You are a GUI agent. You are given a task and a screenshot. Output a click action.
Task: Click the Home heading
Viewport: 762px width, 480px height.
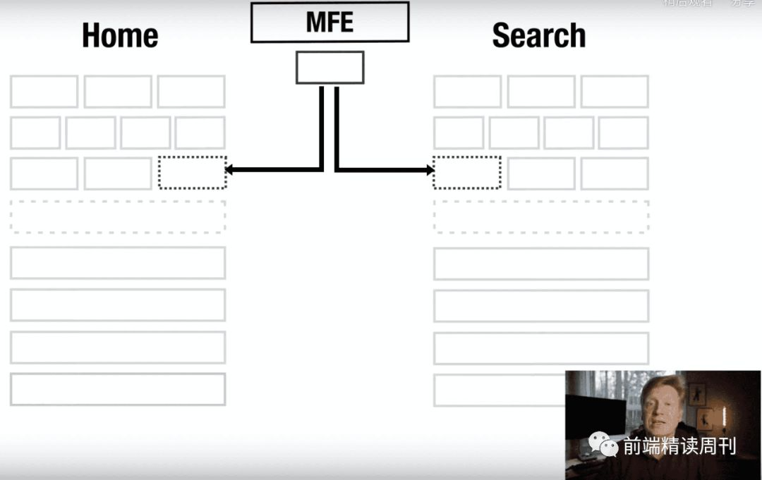click(x=120, y=36)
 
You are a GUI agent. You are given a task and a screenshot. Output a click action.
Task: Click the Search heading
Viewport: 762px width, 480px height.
click(x=539, y=36)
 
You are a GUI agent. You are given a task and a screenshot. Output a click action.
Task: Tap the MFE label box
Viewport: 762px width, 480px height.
click(x=329, y=22)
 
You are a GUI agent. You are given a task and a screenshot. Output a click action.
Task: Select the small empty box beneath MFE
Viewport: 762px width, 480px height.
click(x=329, y=68)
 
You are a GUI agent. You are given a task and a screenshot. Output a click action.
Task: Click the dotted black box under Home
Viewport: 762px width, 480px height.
click(x=192, y=173)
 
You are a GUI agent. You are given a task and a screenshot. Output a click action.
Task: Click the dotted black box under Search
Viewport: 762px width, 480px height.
click(x=467, y=173)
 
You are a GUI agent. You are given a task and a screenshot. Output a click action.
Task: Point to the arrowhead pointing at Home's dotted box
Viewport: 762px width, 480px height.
click(x=229, y=169)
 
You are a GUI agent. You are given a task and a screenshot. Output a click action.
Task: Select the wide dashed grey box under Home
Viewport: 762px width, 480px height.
click(x=118, y=216)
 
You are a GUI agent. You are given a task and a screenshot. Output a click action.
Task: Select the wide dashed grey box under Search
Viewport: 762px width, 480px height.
click(x=541, y=216)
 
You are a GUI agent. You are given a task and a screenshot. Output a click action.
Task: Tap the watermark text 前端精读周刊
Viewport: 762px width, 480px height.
click(x=679, y=445)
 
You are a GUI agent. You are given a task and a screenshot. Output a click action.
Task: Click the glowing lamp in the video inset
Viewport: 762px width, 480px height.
click(x=724, y=416)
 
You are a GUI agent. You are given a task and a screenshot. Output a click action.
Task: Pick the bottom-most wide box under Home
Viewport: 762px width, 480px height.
click(x=118, y=389)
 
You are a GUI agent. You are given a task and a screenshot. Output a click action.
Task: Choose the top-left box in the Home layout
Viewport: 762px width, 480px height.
click(x=44, y=92)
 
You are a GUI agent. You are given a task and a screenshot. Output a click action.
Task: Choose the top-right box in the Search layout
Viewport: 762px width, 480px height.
click(x=615, y=92)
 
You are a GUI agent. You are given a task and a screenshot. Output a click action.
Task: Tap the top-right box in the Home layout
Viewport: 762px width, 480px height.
click(x=191, y=92)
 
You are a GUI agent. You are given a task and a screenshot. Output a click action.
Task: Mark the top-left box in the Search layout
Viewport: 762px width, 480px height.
click(x=467, y=92)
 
